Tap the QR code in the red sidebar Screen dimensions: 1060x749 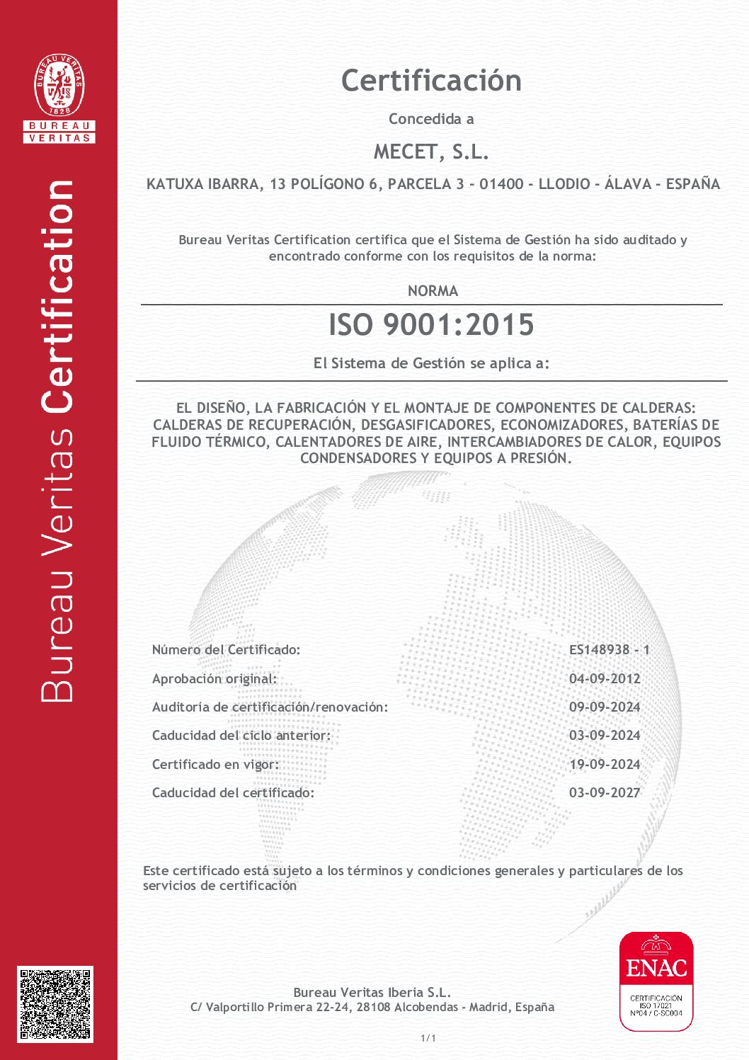point(55,1003)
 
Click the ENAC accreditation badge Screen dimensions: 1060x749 point(656,981)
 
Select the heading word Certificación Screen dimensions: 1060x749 point(431,81)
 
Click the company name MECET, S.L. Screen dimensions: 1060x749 point(431,152)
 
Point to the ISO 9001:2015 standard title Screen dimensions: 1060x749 point(431,325)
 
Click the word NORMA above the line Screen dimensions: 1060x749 point(433,291)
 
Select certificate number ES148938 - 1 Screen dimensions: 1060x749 point(609,649)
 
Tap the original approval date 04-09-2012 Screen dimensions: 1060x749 point(605,678)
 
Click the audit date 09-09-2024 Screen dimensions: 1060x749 point(605,707)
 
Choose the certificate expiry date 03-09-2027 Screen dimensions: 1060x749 point(605,792)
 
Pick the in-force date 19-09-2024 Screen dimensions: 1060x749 point(605,764)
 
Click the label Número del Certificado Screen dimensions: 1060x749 point(226,649)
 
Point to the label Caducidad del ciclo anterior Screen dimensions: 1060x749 point(241,735)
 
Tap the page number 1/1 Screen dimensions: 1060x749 point(428,1038)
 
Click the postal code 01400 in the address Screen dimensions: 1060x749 point(501,184)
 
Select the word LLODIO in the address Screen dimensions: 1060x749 point(564,184)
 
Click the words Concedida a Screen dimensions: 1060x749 point(431,119)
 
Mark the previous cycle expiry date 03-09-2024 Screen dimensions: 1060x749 point(605,735)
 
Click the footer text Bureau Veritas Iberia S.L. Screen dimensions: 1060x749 point(372,992)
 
